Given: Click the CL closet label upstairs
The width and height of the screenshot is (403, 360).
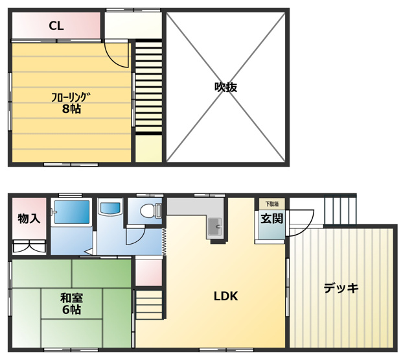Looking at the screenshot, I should point(56,27).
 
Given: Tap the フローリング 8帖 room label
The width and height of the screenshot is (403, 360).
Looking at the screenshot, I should point(71,104).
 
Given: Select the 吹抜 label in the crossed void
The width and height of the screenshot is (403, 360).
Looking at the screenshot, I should point(226,87).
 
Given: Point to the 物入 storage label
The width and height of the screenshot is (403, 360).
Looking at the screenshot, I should point(29,219).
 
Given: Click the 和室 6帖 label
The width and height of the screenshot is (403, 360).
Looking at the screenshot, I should point(71,304).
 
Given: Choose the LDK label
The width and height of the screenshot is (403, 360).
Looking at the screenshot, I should point(226,296).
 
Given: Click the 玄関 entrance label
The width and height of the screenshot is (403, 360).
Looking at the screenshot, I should point(271,219).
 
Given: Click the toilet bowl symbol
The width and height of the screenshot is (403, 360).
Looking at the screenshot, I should point(148,211).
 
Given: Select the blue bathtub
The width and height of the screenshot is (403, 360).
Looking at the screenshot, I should point(71,212).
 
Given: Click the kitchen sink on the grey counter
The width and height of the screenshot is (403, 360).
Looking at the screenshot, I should point(214,228).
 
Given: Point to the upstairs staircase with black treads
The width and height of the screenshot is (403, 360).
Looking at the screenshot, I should point(148,87).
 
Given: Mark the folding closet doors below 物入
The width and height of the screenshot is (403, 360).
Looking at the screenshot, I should point(29,247).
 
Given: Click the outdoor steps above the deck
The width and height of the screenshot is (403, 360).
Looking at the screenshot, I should point(339,210).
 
